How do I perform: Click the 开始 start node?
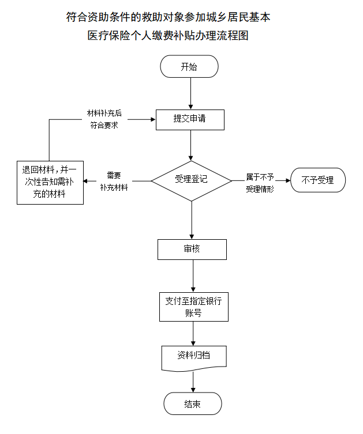(x=189, y=66)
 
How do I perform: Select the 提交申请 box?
(x=190, y=120)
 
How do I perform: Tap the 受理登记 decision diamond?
(x=191, y=181)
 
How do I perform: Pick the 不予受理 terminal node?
(x=318, y=180)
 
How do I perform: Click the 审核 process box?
(x=192, y=250)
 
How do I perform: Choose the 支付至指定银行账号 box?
(x=194, y=307)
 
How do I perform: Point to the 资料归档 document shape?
(x=194, y=358)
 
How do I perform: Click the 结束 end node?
(x=193, y=403)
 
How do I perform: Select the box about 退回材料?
(x=50, y=183)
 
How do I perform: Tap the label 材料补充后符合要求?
(x=104, y=119)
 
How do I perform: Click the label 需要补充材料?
(x=114, y=182)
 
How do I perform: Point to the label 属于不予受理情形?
(x=260, y=183)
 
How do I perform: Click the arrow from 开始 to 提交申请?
(x=190, y=93)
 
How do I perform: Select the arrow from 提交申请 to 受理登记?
(x=190, y=145)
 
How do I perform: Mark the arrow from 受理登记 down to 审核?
(x=192, y=220)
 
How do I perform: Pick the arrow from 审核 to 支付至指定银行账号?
(x=193, y=276)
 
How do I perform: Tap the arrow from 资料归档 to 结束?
(x=193, y=382)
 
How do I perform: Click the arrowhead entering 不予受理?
(x=288, y=180)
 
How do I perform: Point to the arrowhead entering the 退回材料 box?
(x=86, y=182)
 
